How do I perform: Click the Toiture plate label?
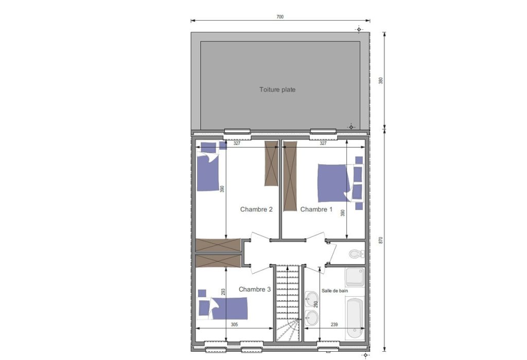tap(277, 89)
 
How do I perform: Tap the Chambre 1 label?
tap(317, 209)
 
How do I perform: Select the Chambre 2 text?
tap(256, 209)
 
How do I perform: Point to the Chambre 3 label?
tap(254, 289)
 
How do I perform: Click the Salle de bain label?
tap(335, 291)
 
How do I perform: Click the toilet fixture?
tap(356, 254)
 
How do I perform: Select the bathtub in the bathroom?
tap(355, 318)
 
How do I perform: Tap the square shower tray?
tap(355, 278)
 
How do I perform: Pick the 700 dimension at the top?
tap(280, 17)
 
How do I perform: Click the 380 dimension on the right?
tap(381, 81)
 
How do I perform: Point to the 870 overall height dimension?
tap(381, 241)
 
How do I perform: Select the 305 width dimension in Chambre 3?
tap(234, 325)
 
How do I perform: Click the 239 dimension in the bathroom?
tap(334, 325)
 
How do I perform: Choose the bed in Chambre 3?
tap(228, 308)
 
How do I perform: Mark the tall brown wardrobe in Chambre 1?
tap(290, 176)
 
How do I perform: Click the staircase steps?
tap(288, 303)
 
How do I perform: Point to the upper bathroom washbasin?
tap(311, 298)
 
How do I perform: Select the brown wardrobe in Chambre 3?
tap(218, 261)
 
